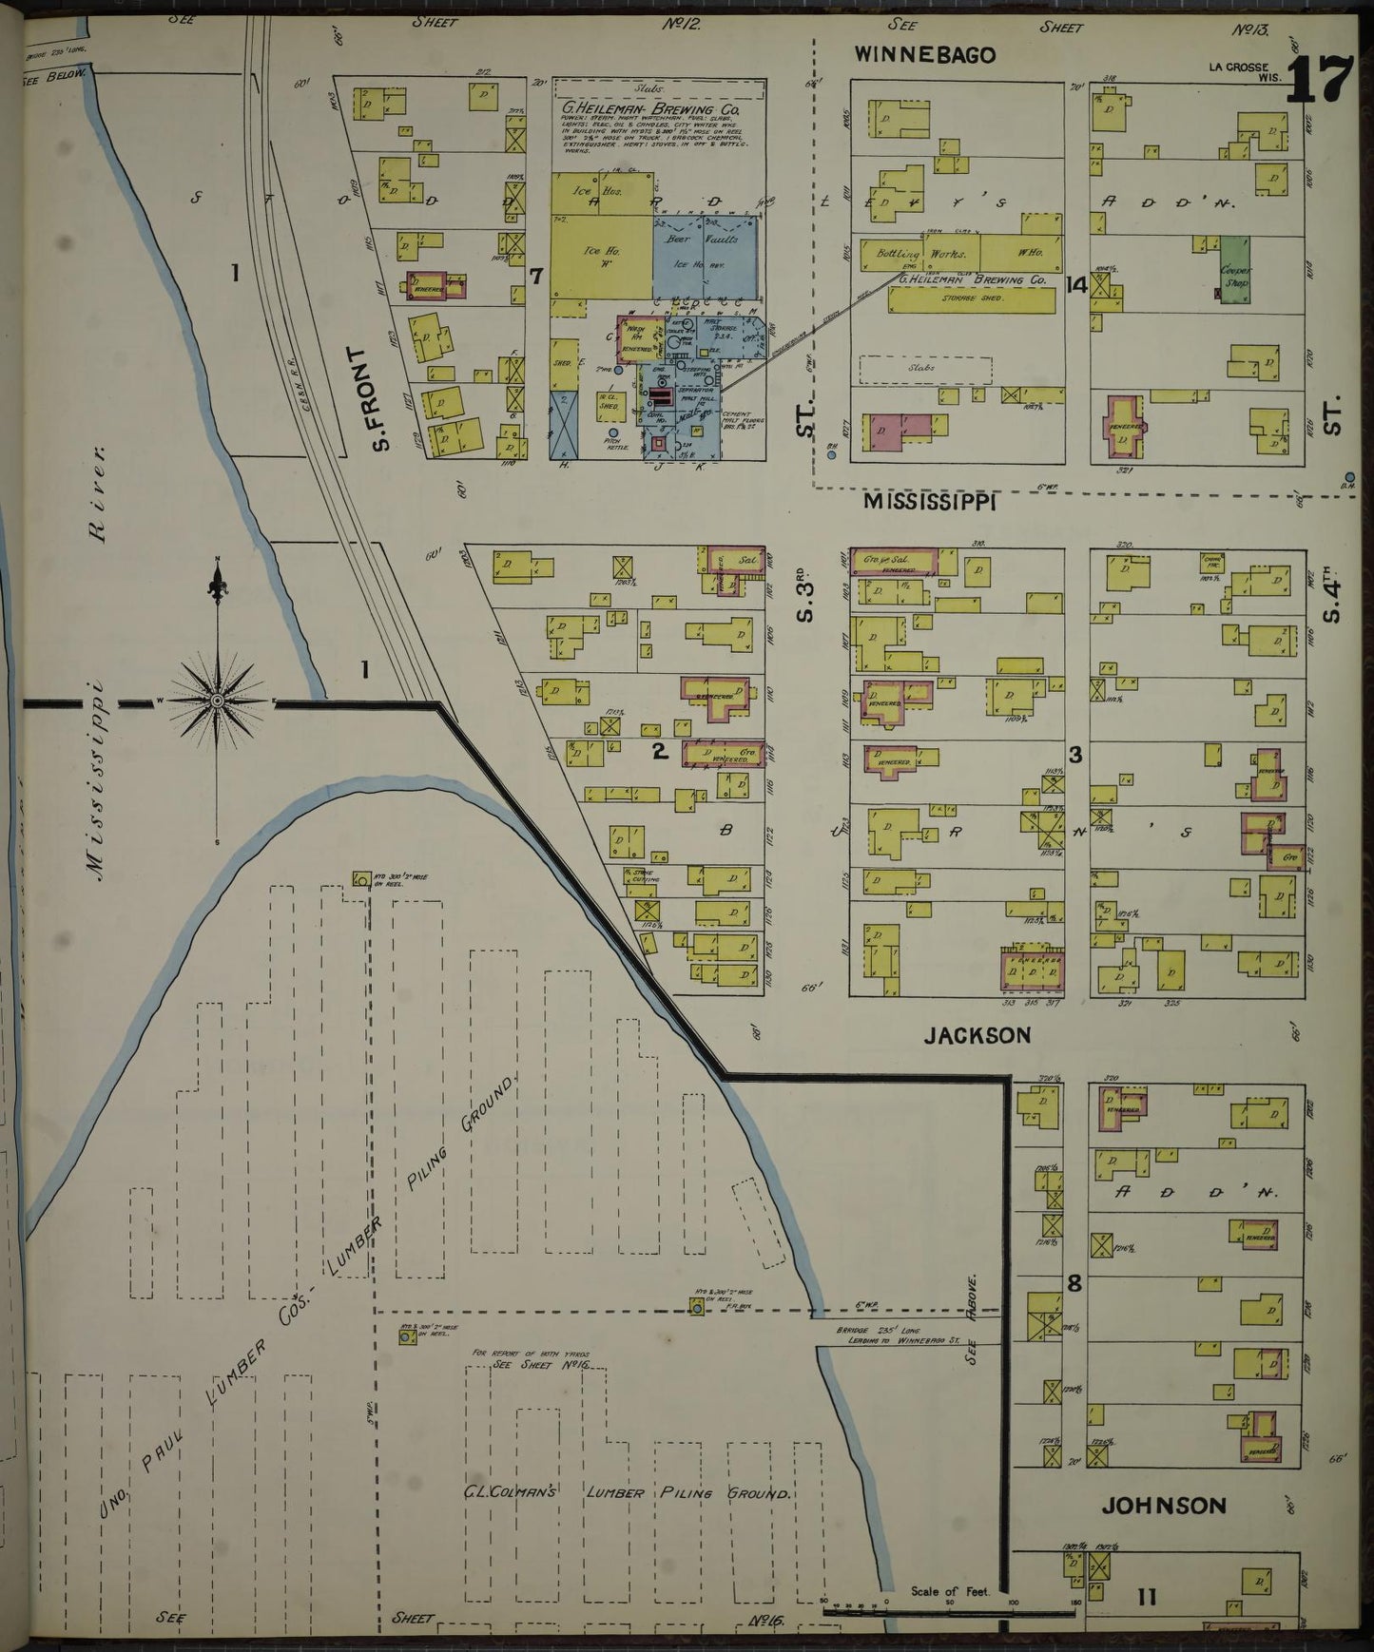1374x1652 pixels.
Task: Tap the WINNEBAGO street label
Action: coord(924,54)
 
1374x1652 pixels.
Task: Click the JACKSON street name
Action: coord(977,1035)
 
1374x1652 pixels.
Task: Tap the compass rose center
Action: coord(218,701)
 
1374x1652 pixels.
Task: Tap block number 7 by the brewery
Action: coord(536,277)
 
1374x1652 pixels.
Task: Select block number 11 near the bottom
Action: coord(1146,1597)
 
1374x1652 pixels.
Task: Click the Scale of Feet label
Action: coord(949,1591)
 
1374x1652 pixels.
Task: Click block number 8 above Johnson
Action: coord(1074,1284)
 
